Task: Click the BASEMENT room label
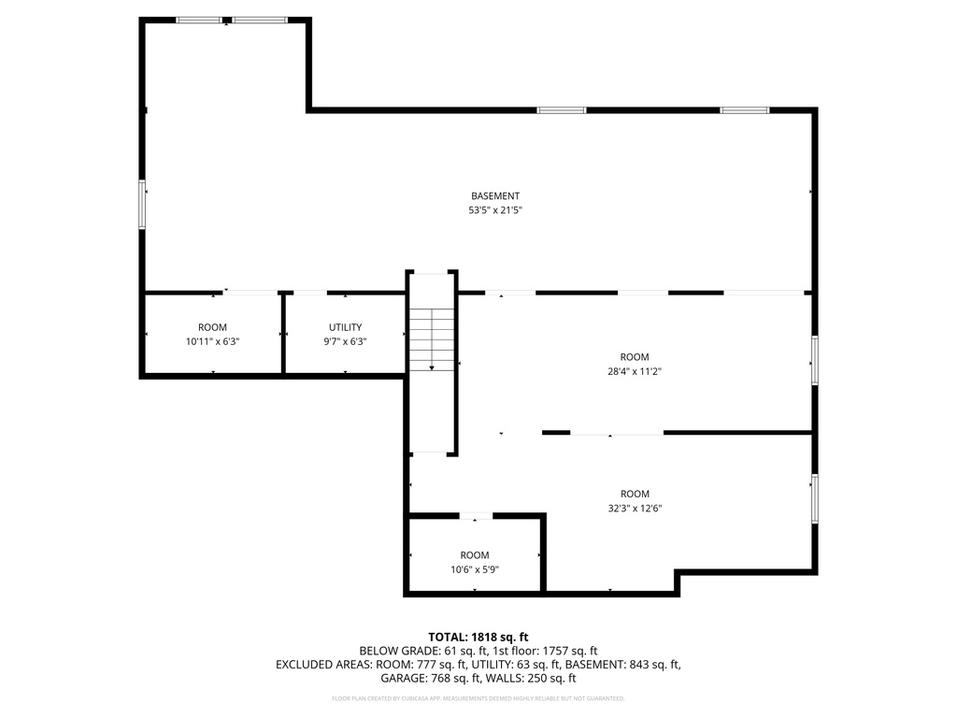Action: [494, 196]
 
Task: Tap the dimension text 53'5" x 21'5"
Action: [494, 210]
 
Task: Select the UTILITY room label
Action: [345, 327]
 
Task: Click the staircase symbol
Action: [432, 338]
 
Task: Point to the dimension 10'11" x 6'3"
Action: [212, 342]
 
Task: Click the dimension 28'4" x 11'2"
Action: [634, 371]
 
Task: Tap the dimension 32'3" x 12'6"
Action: [634, 509]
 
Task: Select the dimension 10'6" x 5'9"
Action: [475, 569]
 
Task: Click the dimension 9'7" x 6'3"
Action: [345, 342]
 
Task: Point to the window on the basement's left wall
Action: [143, 205]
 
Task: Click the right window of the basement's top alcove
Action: [260, 20]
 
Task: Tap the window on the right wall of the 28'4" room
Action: [814, 360]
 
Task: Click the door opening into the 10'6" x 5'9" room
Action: [476, 515]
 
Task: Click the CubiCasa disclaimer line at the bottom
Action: [478, 698]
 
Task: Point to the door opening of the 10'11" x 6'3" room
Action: [250, 294]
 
